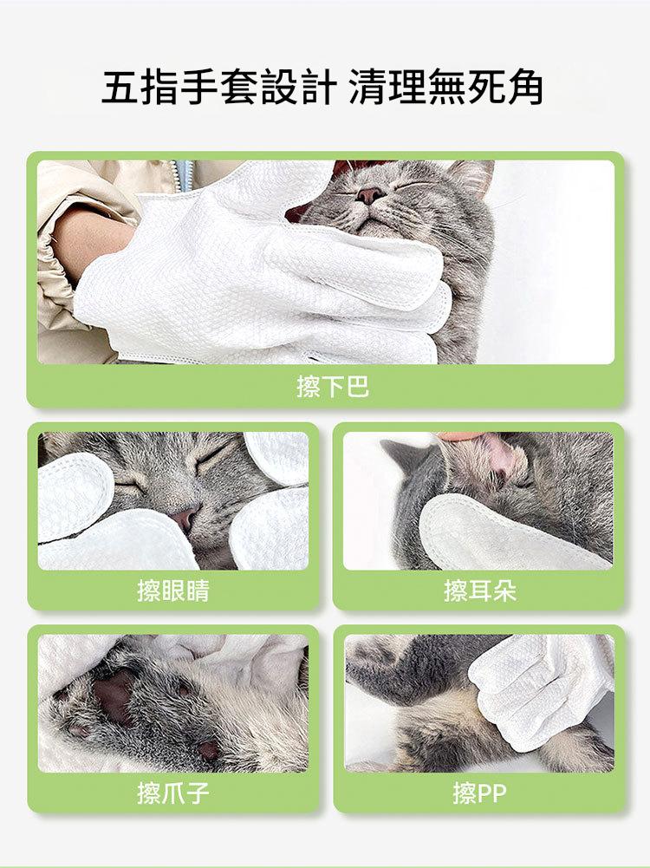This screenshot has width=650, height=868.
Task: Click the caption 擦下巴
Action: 333,386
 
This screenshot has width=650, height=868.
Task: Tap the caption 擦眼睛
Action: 173,591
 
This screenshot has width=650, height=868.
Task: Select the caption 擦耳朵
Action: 479,591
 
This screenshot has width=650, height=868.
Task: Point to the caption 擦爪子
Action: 173,793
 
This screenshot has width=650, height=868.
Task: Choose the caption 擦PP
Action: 479,793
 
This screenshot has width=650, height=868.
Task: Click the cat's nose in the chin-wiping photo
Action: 369,195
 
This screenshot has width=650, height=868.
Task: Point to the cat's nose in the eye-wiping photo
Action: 185,519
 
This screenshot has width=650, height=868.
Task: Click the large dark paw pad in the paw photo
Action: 115,695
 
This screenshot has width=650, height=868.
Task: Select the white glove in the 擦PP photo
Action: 539,689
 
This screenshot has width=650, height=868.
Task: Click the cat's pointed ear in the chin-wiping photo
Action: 473,174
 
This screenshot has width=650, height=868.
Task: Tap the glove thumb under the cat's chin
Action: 354,265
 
